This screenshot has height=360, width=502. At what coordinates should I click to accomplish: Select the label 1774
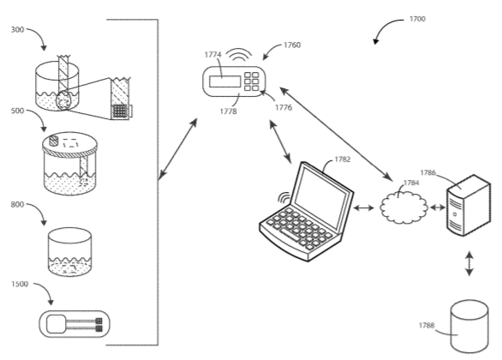tap(213, 54)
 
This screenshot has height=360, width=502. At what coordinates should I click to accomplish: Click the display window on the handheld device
tap(224, 83)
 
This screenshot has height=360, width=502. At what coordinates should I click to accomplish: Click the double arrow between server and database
tap(469, 264)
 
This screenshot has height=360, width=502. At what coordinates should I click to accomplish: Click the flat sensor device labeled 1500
tap(76, 326)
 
